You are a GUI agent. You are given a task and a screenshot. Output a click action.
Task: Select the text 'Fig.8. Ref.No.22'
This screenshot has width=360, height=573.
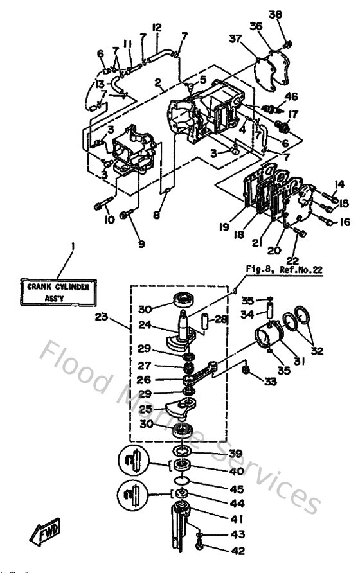(x=283, y=270)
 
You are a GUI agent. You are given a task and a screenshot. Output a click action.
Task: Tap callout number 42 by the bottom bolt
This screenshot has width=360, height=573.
(x=221, y=550)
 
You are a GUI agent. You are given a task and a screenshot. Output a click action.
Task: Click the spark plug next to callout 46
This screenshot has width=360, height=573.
(x=268, y=105)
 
